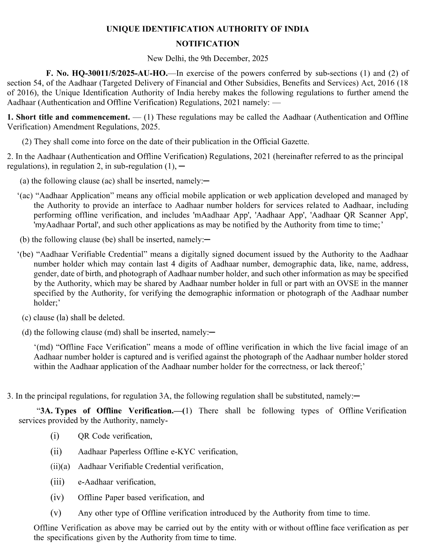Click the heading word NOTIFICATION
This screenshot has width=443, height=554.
tap(207, 44)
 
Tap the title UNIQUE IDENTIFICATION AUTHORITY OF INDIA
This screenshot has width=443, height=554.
tap(207, 29)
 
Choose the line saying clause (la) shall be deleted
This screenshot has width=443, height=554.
tap(73, 317)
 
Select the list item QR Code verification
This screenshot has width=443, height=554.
tap(115, 436)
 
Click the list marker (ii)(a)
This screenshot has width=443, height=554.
tap(60, 467)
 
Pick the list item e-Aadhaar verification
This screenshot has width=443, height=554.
tap(117, 482)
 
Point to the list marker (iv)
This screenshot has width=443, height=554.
tap(57, 497)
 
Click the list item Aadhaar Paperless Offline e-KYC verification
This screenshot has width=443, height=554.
tap(158, 452)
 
